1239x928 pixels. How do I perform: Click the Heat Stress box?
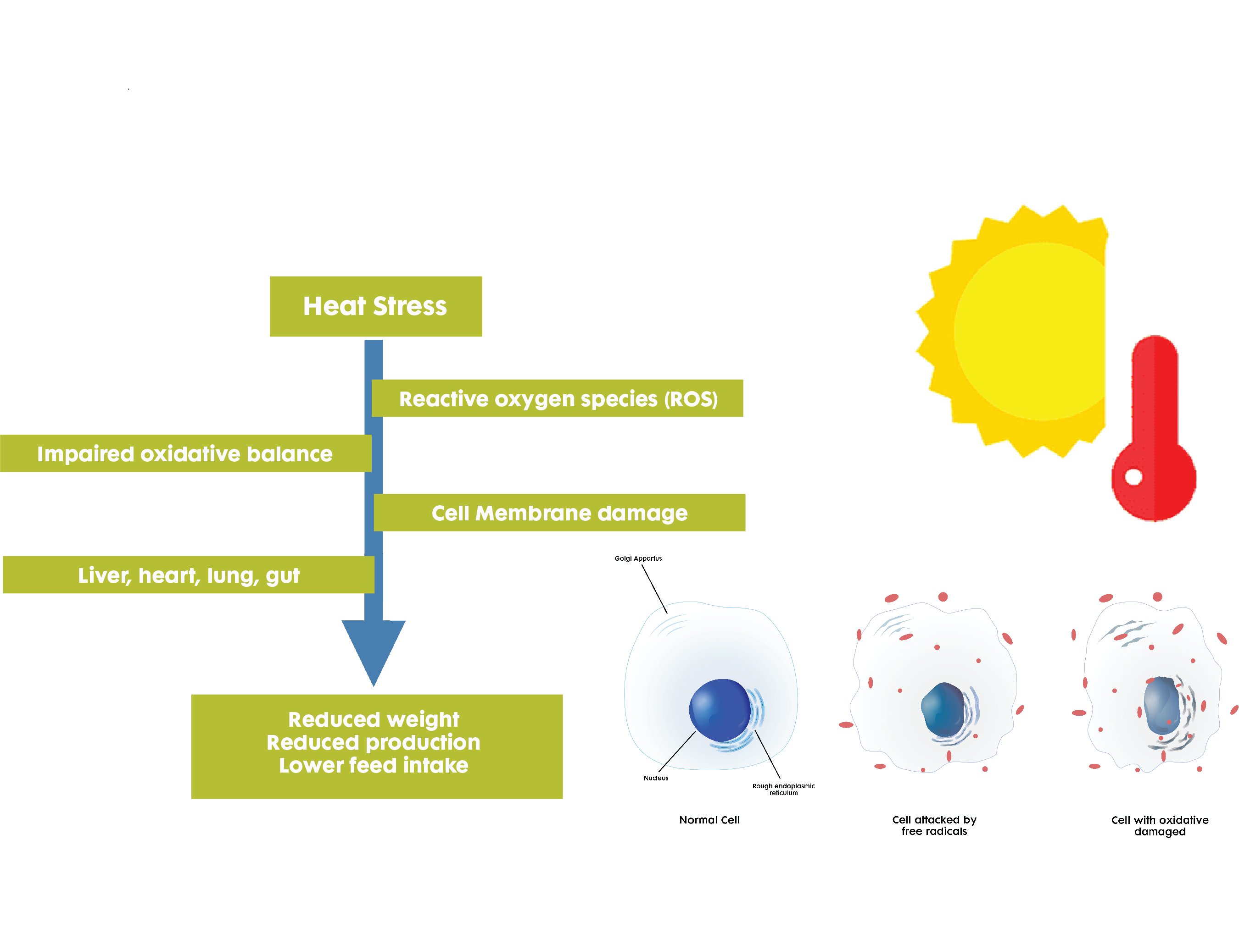(376, 306)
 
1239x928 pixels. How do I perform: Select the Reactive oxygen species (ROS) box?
(558, 398)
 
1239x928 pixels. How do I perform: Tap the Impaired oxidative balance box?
(185, 453)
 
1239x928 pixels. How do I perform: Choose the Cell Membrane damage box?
(559, 513)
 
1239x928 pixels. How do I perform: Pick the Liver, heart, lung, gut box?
(189, 575)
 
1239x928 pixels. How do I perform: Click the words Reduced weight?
(374, 719)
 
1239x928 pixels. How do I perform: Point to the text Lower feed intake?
(374, 765)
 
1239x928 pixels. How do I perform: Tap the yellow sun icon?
(1011, 331)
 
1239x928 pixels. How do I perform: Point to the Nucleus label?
(656, 778)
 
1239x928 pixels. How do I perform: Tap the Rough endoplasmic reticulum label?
(783, 789)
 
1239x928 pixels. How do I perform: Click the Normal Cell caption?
(709, 820)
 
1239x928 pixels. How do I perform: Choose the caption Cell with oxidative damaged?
(1160, 826)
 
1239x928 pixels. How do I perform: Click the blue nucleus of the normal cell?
(720, 710)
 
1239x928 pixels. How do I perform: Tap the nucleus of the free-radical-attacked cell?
(943, 710)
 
